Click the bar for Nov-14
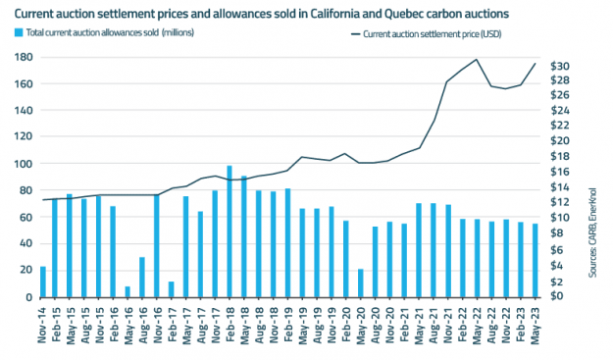pos(42,282)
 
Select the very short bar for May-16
pos(128,291)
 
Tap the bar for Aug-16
pos(142,277)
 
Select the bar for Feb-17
pos(171,289)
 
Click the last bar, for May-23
pos(535,260)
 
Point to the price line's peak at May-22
pos(477,60)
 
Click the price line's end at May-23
pos(535,64)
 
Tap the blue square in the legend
pos(20,34)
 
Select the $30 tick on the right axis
pos(558,66)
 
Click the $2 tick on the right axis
pos(554,281)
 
